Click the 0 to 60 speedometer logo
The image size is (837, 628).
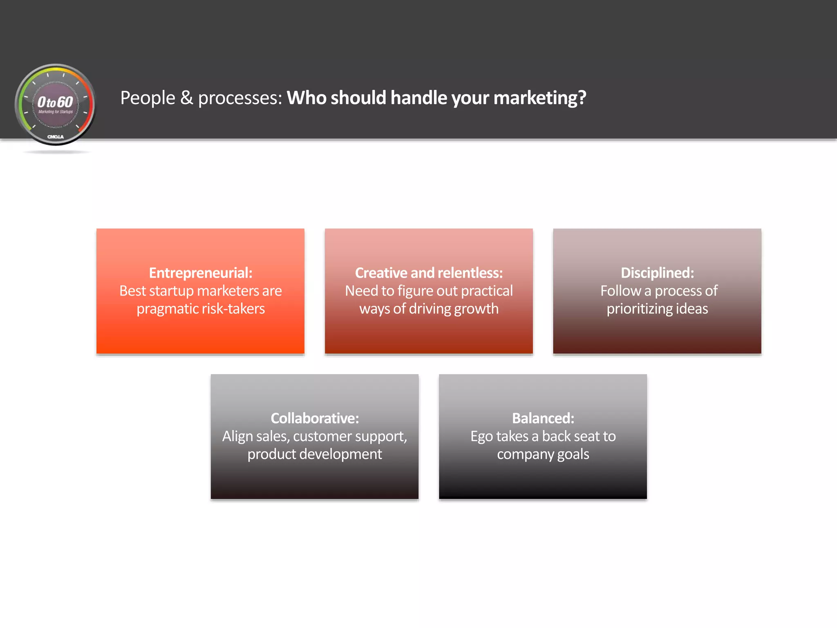(55, 105)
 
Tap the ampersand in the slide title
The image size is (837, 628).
(186, 98)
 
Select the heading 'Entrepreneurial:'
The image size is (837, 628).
(200, 273)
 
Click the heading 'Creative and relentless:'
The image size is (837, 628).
(429, 273)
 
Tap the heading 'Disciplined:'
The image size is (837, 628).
(657, 273)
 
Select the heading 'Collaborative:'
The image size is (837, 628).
(315, 418)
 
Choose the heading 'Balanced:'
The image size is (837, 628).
(543, 418)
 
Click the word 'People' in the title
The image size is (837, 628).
(148, 98)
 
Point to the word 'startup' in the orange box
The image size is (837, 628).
(171, 291)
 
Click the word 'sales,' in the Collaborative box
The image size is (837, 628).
(267, 437)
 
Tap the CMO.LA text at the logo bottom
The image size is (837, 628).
(55, 137)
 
